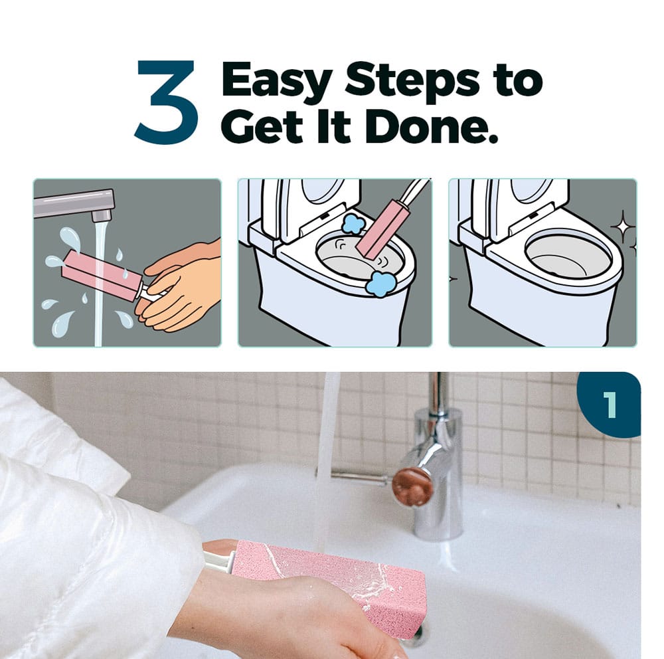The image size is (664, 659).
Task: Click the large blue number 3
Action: tap(167, 102)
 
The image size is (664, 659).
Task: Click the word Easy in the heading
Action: tap(276, 82)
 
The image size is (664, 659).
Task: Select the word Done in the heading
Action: tap(431, 126)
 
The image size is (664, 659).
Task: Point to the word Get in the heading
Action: tap(262, 126)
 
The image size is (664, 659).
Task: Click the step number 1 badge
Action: tap(610, 405)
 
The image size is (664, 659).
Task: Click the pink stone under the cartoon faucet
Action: tap(102, 275)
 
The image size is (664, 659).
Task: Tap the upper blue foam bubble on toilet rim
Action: tap(353, 223)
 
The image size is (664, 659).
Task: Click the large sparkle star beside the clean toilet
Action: tap(623, 228)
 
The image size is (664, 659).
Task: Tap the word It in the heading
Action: tap(334, 126)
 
